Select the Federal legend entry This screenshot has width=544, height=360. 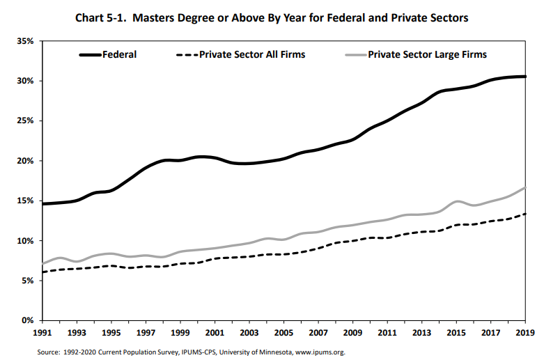click(119, 54)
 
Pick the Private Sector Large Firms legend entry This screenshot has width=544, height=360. click(427, 54)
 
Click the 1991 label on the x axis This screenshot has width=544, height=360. click(43, 334)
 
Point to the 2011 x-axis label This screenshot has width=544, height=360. click(387, 334)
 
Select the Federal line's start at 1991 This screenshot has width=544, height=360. click(43, 204)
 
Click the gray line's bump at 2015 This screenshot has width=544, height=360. click(456, 202)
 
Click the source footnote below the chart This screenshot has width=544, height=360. click(192, 352)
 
